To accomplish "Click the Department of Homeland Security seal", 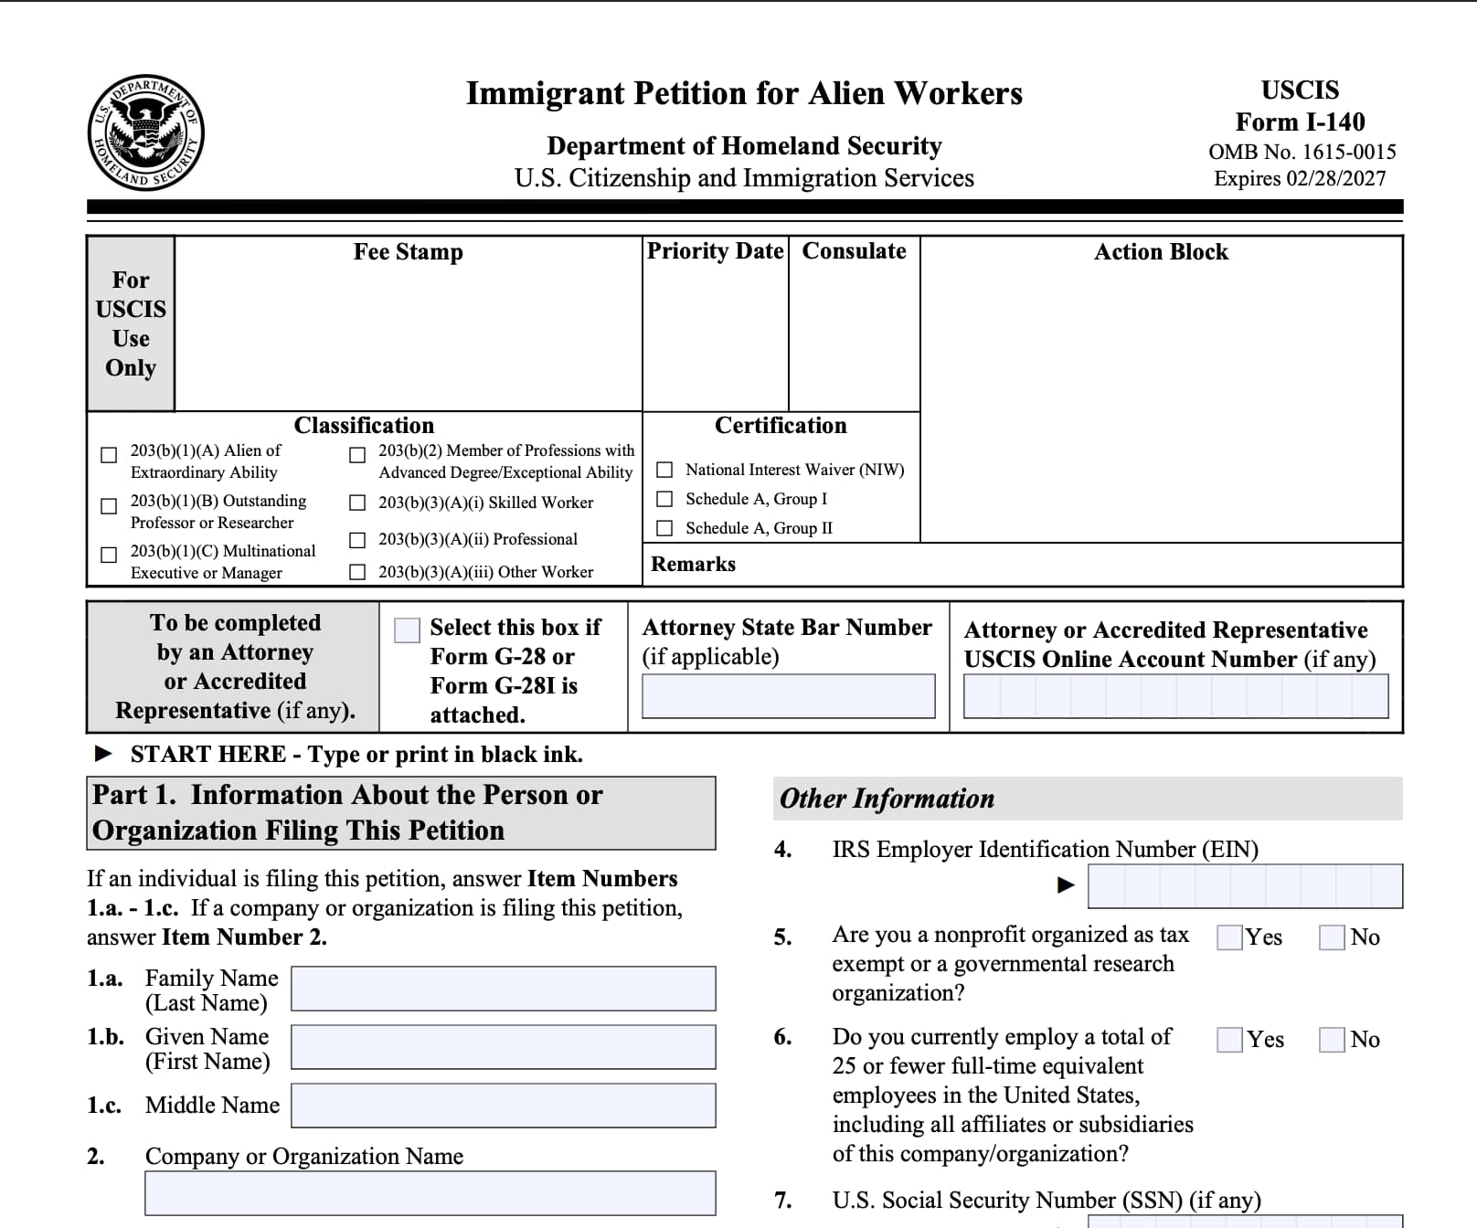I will pos(146,132).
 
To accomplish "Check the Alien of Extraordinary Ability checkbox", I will pos(109,455).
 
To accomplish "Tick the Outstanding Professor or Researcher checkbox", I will pos(109,506).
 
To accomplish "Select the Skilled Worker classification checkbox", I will pos(358,503).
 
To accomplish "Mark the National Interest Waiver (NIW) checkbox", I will pos(665,470).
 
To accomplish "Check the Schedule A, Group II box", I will pos(665,528).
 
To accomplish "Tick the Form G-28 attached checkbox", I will pos(407,630).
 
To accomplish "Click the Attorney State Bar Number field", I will pos(788,696).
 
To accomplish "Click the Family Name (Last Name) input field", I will pos(503,989).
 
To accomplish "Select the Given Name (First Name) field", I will pos(503,1047).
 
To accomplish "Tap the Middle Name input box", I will pos(503,1106).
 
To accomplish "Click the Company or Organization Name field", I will pos(430,1193).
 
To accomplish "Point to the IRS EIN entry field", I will pos(1245,886).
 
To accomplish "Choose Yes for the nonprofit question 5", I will pos(1230,937).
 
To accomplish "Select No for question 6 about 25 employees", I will pos(1333,1040).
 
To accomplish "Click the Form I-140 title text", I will pos(1300,122).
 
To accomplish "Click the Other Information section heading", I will pos(887,799).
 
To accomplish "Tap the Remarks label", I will pos(693,565).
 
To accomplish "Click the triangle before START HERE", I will pos(104,754).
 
